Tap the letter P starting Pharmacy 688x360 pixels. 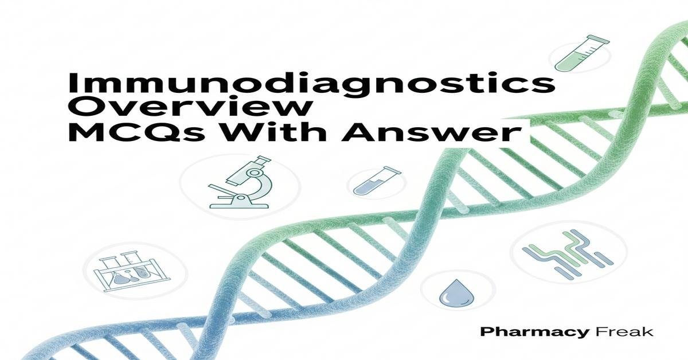pyautogui.click(x=485, y=331)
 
